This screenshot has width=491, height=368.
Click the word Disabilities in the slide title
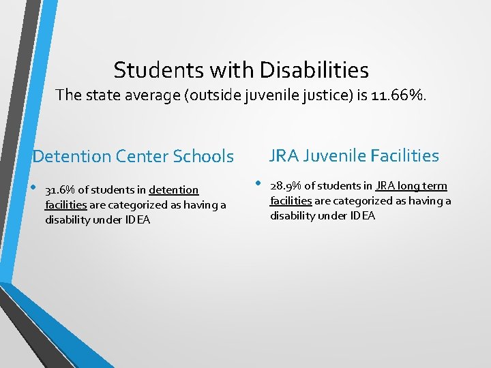click(314, 70)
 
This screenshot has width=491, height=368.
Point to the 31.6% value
click(59, 190)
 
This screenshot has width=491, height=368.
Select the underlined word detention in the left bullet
click(174, 190)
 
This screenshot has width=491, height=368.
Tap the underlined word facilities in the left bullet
click(65, 205)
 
